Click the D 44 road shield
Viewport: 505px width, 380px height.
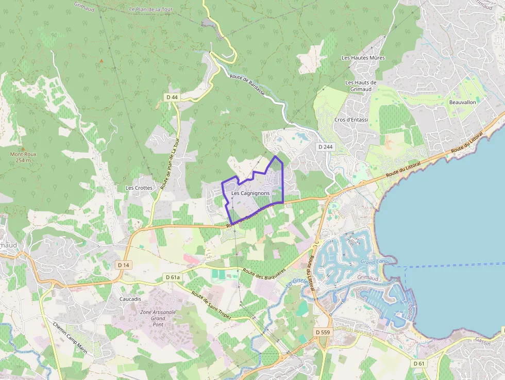coord(172,97)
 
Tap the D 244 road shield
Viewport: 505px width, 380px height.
coord(325,147)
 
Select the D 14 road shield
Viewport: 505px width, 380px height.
coord(123,265)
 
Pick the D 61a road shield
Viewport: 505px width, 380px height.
coord(173,277)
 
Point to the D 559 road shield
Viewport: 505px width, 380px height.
coord(322,332)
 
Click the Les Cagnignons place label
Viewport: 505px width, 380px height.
coord(250,193)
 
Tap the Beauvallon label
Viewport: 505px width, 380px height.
coord(462,102)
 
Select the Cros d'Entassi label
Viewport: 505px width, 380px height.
coord(351,120)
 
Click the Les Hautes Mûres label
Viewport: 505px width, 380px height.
coord(363,58)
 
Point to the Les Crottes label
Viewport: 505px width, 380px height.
coord(139,188)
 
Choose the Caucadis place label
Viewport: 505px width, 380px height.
coord(130,299)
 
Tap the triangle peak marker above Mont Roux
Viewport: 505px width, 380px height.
coord(23,148)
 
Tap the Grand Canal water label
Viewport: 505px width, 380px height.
coord(374,262)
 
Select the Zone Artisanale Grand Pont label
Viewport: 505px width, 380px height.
coord(158,319)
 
